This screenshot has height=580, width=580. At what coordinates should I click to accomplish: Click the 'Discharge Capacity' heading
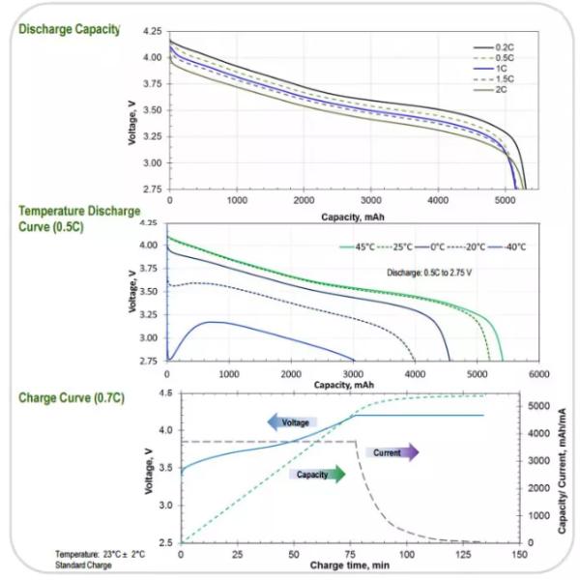pyautogui.click(x=70, y=29)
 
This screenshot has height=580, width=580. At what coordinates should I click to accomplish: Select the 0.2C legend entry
pyautogui.click(x=493, y=47)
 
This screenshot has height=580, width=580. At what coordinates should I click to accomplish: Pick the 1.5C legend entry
pyautogui.click(x=493, y=79)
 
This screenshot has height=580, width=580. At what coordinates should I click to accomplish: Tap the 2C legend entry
pyautogui.click(x=490, y=90)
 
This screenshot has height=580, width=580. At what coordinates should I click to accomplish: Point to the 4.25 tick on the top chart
pyautogui.click(x=153, y=32)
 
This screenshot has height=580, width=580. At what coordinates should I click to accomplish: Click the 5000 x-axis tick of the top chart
pyautogui.click(x=505, y=200)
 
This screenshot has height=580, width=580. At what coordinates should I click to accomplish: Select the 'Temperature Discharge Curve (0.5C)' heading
pyautogui.click(x=79, y=218)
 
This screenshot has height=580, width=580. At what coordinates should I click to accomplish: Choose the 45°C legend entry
pyautogui.click(x=358, y=246)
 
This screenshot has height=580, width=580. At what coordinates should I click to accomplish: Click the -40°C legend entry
pyautogui.click(x=507, y=246)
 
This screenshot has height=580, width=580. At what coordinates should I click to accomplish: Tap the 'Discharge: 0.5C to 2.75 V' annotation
pyautogui.click(x=429, y=273)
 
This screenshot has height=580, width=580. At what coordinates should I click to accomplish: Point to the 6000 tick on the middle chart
pyautogui.click(x=538, y=374)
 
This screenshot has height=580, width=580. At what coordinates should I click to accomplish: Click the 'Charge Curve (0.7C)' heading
pyautogui.click(x=72, y=398)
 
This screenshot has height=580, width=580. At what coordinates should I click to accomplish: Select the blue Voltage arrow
pyautogui.click(x=292, y=422)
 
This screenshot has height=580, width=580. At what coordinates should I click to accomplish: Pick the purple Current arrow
pyautogui.click(x=392, y=452)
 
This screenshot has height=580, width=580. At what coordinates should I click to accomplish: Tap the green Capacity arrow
pyautogui.click(x=317, y=475)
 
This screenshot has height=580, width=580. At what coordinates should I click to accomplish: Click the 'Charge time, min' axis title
pyautogui.click(x=350, y=565)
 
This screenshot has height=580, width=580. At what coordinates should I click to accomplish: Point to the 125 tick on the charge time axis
pyautogui.click(x=463, y=555)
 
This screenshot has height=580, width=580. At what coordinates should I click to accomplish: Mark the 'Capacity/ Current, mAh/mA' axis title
pyautogui.click(x=563, y=471)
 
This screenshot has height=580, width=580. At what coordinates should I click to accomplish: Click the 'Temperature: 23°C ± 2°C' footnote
pyautogui.click(x=100, y=554)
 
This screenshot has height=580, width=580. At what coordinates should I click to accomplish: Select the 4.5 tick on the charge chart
pyautogui.click(x=165, y=392)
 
